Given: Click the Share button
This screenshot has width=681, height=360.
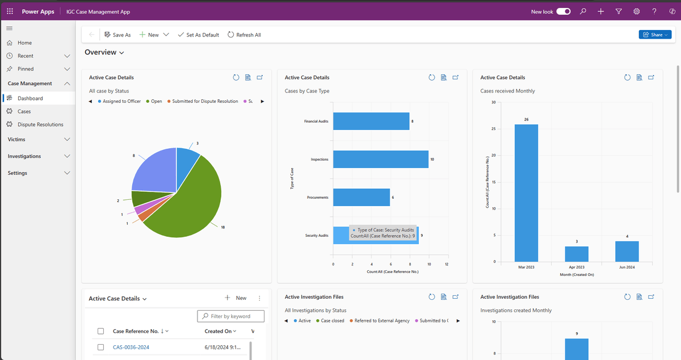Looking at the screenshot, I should pos(655,35).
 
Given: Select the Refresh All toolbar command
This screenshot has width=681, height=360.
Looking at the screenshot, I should pos(244,35).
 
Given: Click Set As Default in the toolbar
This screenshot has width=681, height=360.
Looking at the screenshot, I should pos(198,35).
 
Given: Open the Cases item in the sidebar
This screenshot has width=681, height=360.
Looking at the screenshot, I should pos(24,111).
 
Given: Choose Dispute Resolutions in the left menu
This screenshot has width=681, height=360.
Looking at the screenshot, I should pos(40,124).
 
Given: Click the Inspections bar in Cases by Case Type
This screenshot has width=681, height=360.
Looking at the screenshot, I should pos(380,159).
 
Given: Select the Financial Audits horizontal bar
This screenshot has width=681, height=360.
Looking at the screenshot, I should pos(371,121).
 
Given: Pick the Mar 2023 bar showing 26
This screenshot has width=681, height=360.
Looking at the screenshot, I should pos(526,193).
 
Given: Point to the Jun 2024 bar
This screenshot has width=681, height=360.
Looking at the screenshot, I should pos(627,251).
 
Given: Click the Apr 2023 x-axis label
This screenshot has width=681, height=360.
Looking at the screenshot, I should pos(577,266).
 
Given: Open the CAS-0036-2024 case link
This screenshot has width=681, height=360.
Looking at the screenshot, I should pos(131,347).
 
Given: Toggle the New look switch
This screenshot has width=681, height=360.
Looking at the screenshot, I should pos(563,11).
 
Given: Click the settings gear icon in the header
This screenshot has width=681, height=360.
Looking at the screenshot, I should pos(637,11).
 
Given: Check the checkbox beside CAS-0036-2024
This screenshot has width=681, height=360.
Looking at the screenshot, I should pos(100,347).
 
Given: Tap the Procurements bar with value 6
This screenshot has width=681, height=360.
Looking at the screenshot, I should pos(361,197).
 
